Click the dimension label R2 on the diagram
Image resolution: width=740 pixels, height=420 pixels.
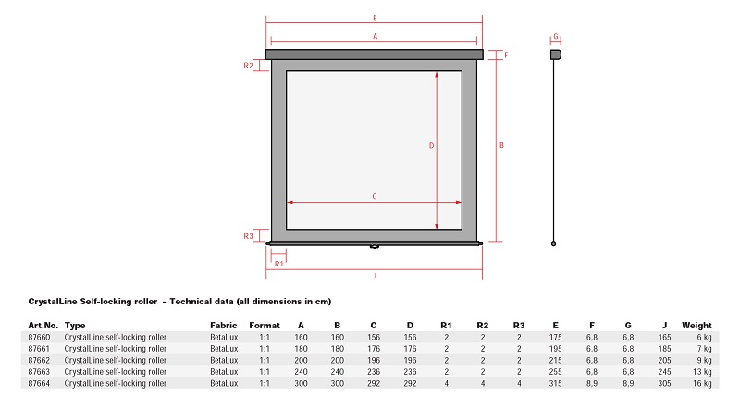(248, 66)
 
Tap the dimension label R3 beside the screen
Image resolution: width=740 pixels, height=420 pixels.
(248, 236)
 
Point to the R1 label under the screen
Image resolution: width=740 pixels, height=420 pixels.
(279, 264)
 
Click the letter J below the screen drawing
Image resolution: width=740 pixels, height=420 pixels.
(375, 276)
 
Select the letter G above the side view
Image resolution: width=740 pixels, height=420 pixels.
(556, 36)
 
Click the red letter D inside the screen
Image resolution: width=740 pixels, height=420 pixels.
(431, 146)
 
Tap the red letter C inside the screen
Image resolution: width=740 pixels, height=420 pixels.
(375, 196)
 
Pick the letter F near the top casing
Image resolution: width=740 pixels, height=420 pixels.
(506, 56)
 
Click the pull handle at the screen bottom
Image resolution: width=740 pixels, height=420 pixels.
(375, 246)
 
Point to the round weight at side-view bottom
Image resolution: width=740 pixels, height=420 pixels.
(553, 244)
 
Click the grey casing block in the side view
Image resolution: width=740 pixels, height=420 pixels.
(556, 55)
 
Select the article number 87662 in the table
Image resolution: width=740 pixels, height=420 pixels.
(39, 360)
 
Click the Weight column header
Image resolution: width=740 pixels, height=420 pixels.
(697, 325)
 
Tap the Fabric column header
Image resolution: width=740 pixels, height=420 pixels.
(224, 325)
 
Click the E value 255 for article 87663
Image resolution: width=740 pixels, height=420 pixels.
(556, 371)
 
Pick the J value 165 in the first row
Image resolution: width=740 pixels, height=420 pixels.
(664, 337)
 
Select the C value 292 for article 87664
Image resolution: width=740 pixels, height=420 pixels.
(374, 383)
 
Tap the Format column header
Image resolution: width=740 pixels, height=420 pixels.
(265, 325)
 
